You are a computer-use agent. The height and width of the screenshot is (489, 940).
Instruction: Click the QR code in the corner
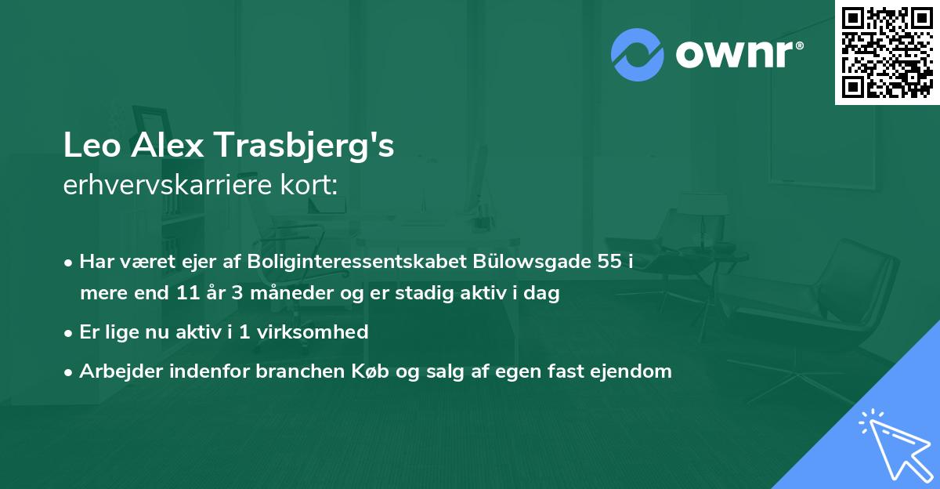(887, 52)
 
